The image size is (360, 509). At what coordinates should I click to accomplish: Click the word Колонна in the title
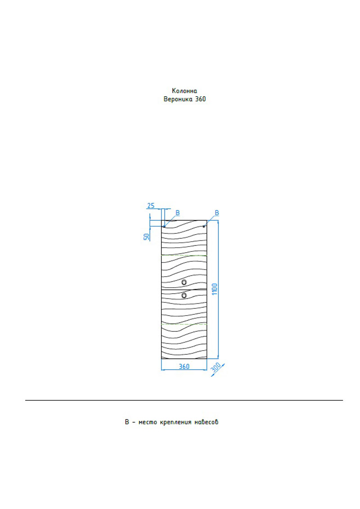pos(184,91)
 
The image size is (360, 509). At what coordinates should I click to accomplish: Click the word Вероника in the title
pos(178,99)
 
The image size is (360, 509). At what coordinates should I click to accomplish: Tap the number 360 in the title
pos(200,99)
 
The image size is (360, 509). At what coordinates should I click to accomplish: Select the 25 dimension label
pos(151,205)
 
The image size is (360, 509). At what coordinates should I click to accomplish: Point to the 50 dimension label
pos(147,237)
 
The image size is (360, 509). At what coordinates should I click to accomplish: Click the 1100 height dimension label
pos(215,289)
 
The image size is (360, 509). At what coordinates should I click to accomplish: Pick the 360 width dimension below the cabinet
pos(184,366)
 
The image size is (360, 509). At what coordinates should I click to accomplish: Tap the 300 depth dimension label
pos(216,367)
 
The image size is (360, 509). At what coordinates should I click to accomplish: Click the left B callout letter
pos(177,213)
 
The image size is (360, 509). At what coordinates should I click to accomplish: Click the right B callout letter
pos(217,213)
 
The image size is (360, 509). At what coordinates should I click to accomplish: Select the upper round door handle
pos(184,282)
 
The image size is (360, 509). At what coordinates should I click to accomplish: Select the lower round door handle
pos(184,295)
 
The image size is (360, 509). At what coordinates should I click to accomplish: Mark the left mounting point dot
pos(164,226)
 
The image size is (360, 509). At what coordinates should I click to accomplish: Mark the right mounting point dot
pos(204,226)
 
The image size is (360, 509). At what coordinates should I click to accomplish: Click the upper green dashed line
pos(184,255)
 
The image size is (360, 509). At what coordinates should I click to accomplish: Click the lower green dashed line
pos(184,324)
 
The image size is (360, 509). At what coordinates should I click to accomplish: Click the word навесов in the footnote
pos(206,422)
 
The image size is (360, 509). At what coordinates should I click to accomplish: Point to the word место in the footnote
pos(148,422)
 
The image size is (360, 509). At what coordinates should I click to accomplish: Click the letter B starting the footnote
pos(127,422)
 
